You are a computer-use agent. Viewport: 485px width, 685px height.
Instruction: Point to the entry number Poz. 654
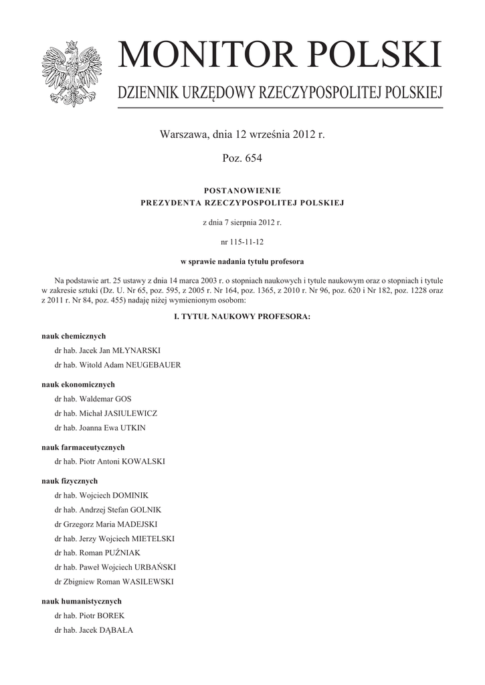pos(242,159)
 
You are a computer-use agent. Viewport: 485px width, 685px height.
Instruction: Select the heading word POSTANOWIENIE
pos(242,191)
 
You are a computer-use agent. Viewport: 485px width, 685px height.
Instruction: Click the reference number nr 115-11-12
pos(242,241)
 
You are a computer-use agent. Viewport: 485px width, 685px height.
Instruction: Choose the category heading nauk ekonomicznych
pos(78,385)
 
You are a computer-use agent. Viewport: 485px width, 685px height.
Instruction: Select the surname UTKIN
pos(133,428)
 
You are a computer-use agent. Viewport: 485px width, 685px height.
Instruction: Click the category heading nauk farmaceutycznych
pos(83,448)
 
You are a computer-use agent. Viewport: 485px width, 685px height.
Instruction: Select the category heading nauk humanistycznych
pos(81,601)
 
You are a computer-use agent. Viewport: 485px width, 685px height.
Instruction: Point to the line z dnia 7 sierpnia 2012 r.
pos(242,221)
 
